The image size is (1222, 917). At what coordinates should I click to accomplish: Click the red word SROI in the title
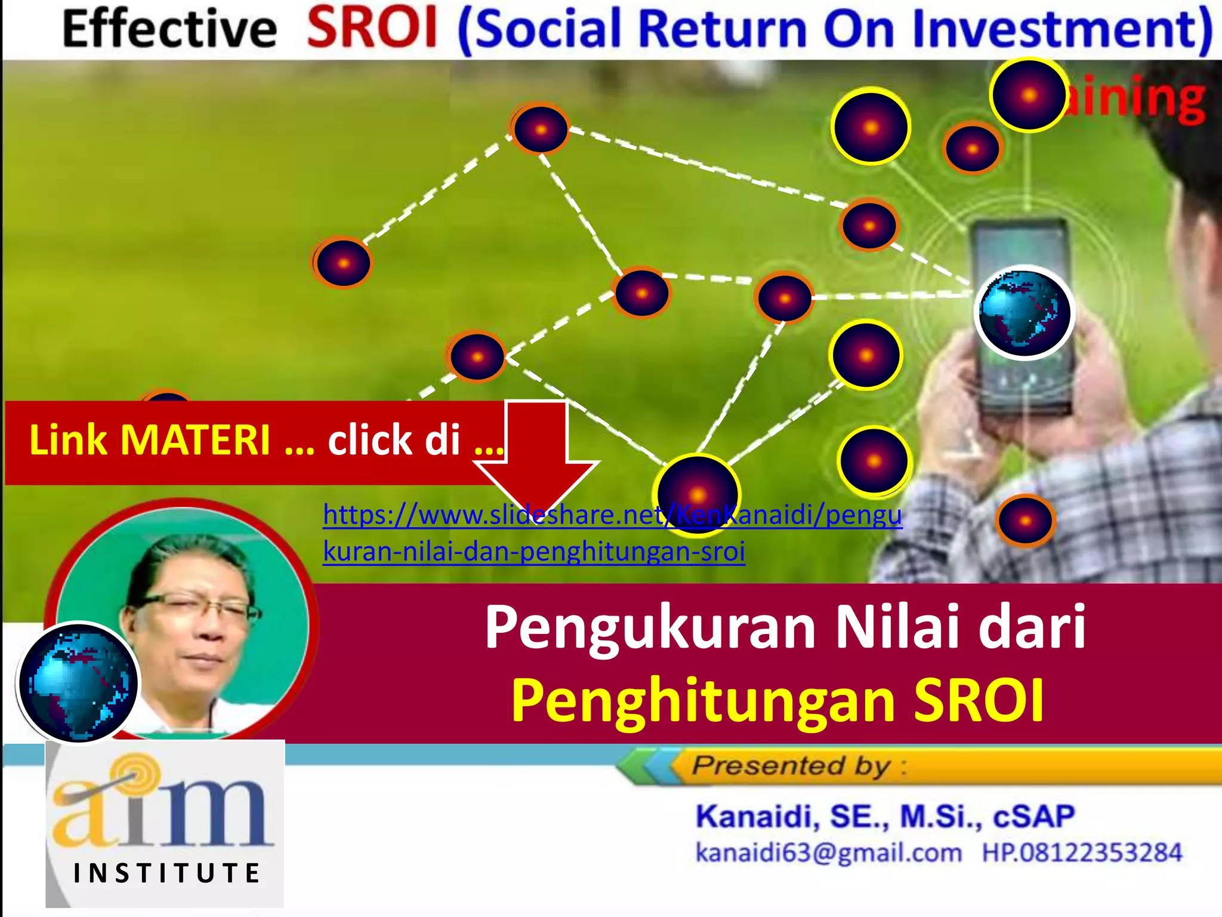(372, 29)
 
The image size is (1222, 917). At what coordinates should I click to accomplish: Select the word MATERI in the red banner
(196, 441)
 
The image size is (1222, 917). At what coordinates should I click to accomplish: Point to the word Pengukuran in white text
(649, 628)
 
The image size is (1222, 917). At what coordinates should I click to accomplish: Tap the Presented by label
(791, 766)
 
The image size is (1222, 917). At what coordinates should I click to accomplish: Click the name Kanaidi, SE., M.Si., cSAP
(885, 817)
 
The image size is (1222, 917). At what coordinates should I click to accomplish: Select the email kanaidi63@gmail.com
(829, 853)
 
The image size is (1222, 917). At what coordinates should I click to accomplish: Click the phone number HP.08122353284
(1082, 853)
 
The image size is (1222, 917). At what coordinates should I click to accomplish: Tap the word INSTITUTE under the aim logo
(167, 873)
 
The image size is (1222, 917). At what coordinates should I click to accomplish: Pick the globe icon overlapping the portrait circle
(78, 682)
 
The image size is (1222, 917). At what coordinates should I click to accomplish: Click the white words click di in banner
(394, 441)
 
